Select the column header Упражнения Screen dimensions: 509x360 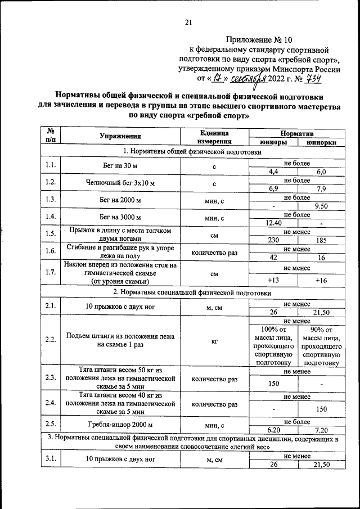point(120,137)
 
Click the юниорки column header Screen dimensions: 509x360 point(321,142)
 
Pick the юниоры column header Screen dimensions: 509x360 point(273,142)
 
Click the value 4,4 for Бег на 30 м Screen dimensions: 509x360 point(273,172)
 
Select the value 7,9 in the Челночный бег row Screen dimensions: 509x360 point(321,189)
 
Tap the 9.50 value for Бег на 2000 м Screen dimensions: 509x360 point(321,206)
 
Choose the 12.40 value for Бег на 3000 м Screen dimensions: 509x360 point(273,223)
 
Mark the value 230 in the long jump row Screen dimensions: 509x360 point(273,240)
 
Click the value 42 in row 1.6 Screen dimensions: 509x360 point(273,257)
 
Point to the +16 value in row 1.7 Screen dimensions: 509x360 point(321,280)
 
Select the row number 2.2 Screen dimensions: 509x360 point(50,340)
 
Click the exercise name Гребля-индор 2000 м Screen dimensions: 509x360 point(120,425)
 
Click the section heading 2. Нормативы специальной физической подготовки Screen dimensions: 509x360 point(192,293)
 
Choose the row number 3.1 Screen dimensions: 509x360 point(50,460)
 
